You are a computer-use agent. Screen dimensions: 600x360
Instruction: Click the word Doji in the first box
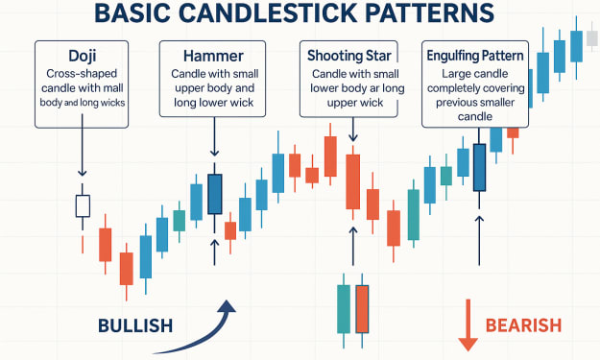82,56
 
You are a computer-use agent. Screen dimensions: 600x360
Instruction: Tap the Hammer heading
213,57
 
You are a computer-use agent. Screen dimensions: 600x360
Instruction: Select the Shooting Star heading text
349,56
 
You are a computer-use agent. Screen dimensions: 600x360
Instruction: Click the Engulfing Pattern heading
475,56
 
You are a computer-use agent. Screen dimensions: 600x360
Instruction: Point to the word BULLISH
135,326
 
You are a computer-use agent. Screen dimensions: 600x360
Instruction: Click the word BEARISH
523,325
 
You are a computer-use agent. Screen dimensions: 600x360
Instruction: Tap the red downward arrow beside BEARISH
468,324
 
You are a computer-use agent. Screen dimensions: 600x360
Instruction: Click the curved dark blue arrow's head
228,307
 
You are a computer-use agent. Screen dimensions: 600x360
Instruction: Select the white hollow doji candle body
83,206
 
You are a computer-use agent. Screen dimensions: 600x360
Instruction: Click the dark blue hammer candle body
215,194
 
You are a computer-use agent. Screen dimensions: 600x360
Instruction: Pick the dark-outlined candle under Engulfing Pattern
479,168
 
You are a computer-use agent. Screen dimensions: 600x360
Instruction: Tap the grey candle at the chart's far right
592,39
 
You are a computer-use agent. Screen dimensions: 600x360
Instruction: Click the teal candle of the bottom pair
344,309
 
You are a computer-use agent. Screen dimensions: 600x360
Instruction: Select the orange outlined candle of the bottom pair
362,309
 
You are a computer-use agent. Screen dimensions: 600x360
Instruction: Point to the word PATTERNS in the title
430,12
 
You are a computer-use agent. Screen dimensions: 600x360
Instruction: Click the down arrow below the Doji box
83,145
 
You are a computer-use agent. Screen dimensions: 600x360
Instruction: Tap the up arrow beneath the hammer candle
215,252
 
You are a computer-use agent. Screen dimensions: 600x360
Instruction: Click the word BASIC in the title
132,12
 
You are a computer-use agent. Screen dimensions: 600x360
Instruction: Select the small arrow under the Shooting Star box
353,130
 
